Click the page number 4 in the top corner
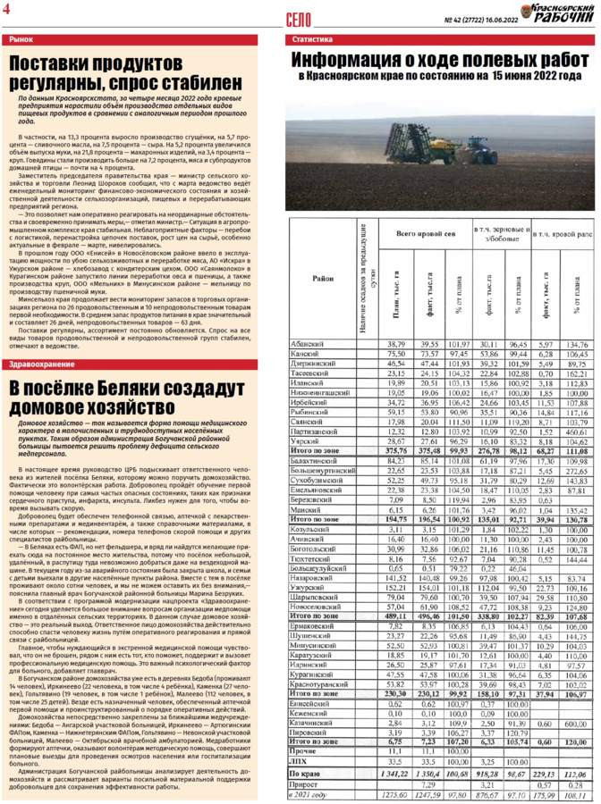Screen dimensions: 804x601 (x=8, y=9)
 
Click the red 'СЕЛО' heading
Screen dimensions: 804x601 (x=300, y=18)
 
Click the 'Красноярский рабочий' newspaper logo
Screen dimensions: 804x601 (x=563, y=13)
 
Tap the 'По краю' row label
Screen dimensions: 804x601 (x=304, y=774)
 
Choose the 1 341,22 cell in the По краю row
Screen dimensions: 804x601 (x=393, y=774)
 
